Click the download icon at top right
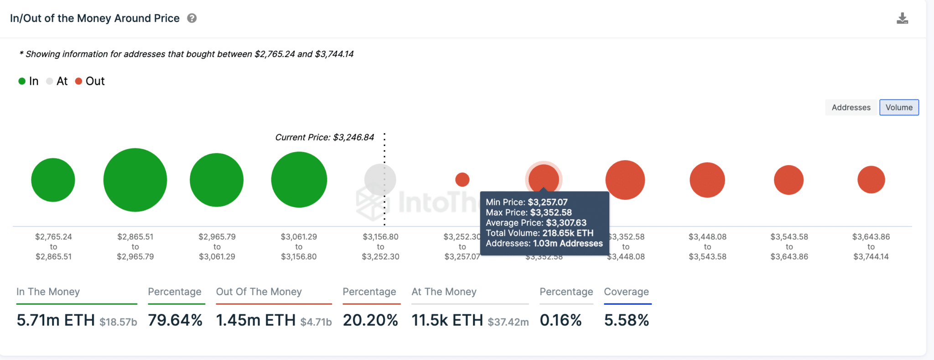coord(902,18)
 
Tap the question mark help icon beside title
coord(192,18)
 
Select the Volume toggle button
coord(899,107)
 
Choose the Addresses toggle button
coord(851,107)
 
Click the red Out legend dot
coord(78,81)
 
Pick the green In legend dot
coord(22,81)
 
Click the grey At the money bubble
coord(380,180)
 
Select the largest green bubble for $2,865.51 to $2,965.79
coord(135,180)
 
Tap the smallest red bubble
coord(462,180)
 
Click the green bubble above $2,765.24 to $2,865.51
coord(53,180)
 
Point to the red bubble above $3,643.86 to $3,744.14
coord(871,180)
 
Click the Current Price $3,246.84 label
coord(324,137)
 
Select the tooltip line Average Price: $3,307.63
coord(536,223)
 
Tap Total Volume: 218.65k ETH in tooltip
coord(540,233)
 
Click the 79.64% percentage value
coord(175,320)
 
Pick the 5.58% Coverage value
coord(626,320)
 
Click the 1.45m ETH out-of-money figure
coord(256,320)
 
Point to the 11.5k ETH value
coord(447,320)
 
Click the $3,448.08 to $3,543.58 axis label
coord(707,247)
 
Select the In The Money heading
coord(48,292)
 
